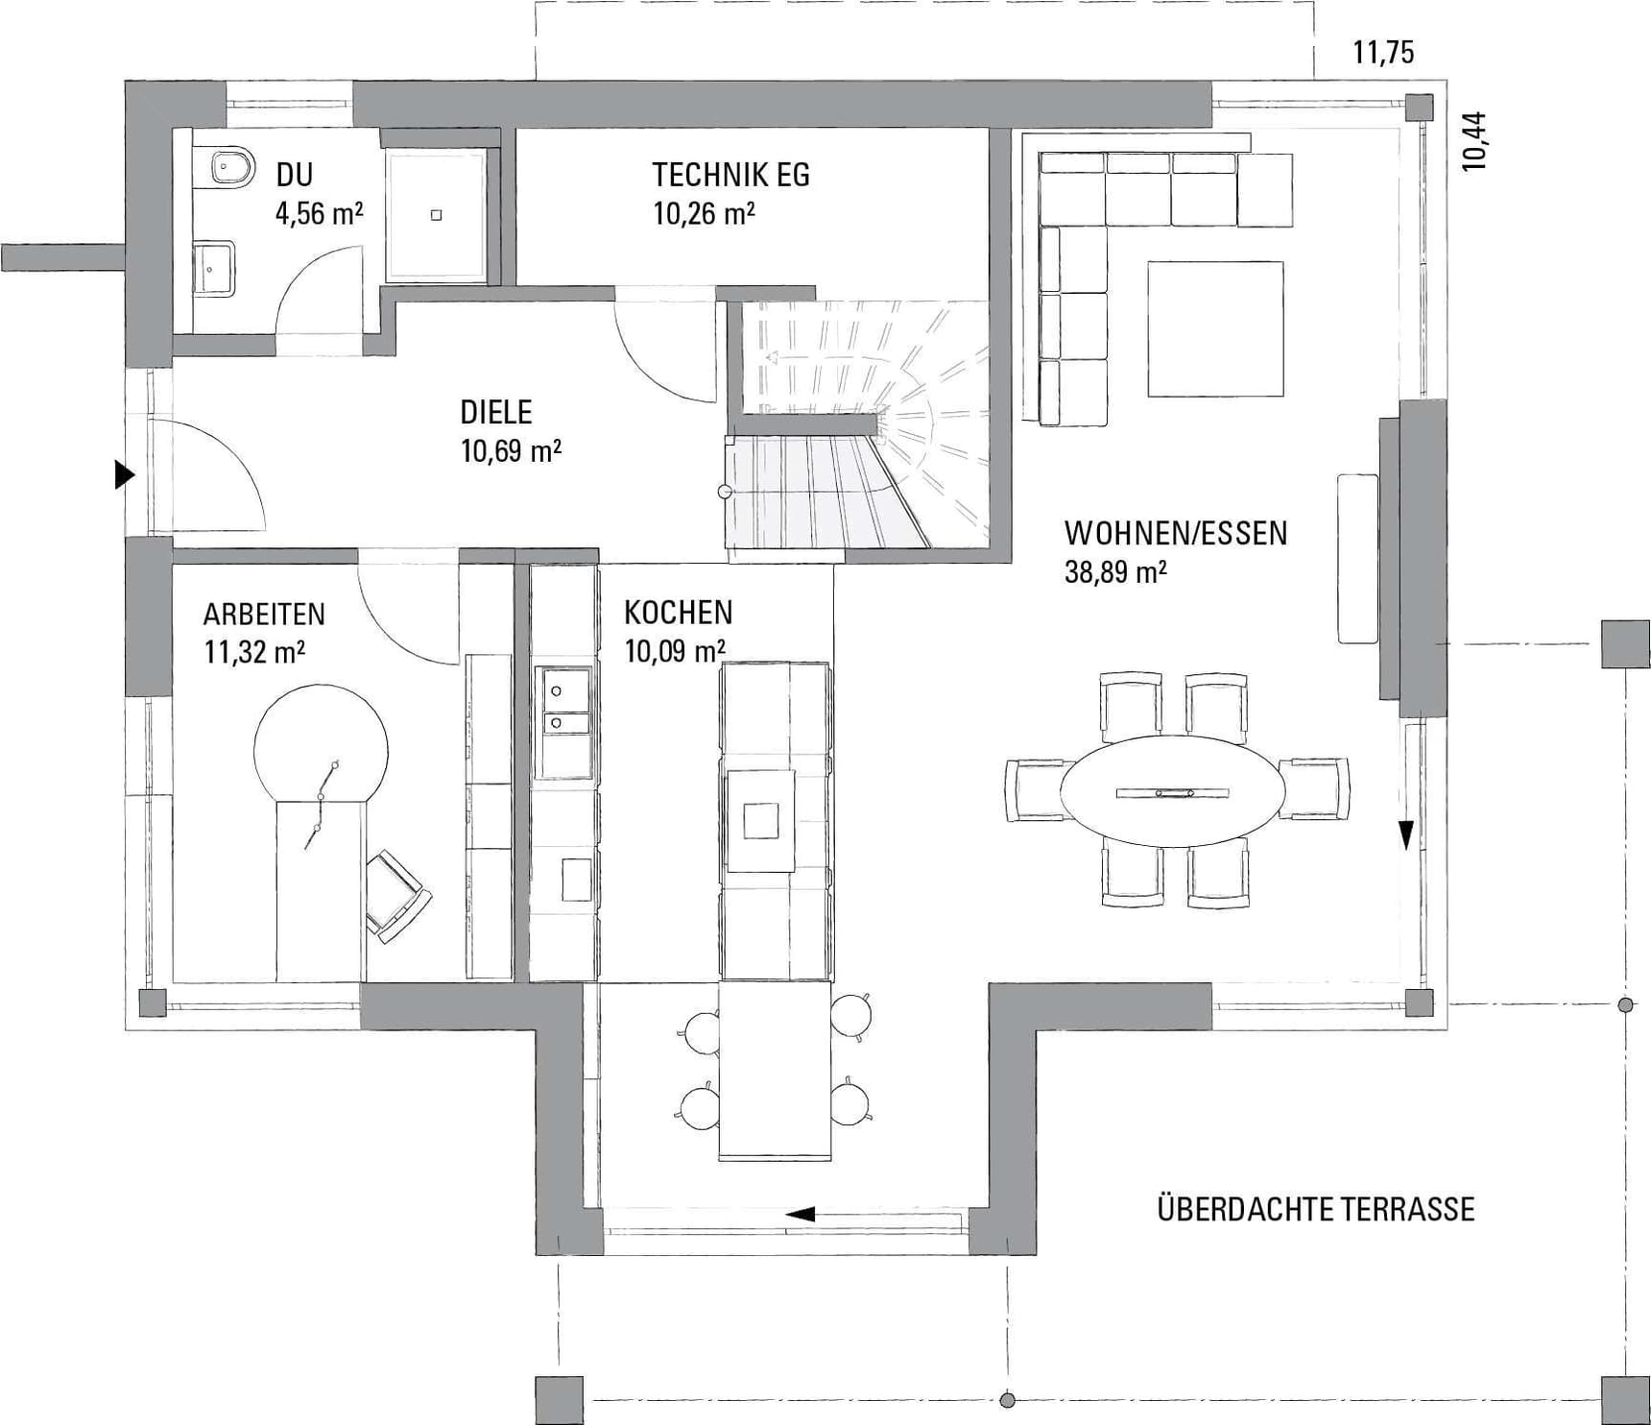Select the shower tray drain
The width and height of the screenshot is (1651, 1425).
tap(437, 215)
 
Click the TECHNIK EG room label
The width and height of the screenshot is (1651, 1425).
tap(730, 175)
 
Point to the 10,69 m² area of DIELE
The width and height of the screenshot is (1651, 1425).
tap(511, 450)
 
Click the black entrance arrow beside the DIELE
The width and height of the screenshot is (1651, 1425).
tap(124, 474)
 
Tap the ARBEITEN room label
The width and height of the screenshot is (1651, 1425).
tap(264, 615)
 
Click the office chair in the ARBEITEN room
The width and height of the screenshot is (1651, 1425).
tap(397, 895)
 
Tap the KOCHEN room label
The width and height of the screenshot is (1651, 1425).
tap(678, 613)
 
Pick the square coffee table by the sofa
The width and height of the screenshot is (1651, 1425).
tap(1215, 328)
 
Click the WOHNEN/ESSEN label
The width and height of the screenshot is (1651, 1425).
tap(1175, 533)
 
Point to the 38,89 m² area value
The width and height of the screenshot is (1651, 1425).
tap(1115, 573)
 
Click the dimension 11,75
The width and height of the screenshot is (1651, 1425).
tap(1383, 52)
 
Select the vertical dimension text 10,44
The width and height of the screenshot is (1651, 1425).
tap(1474, 142)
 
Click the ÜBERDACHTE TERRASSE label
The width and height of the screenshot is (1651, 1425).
tap(1315, 1209)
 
